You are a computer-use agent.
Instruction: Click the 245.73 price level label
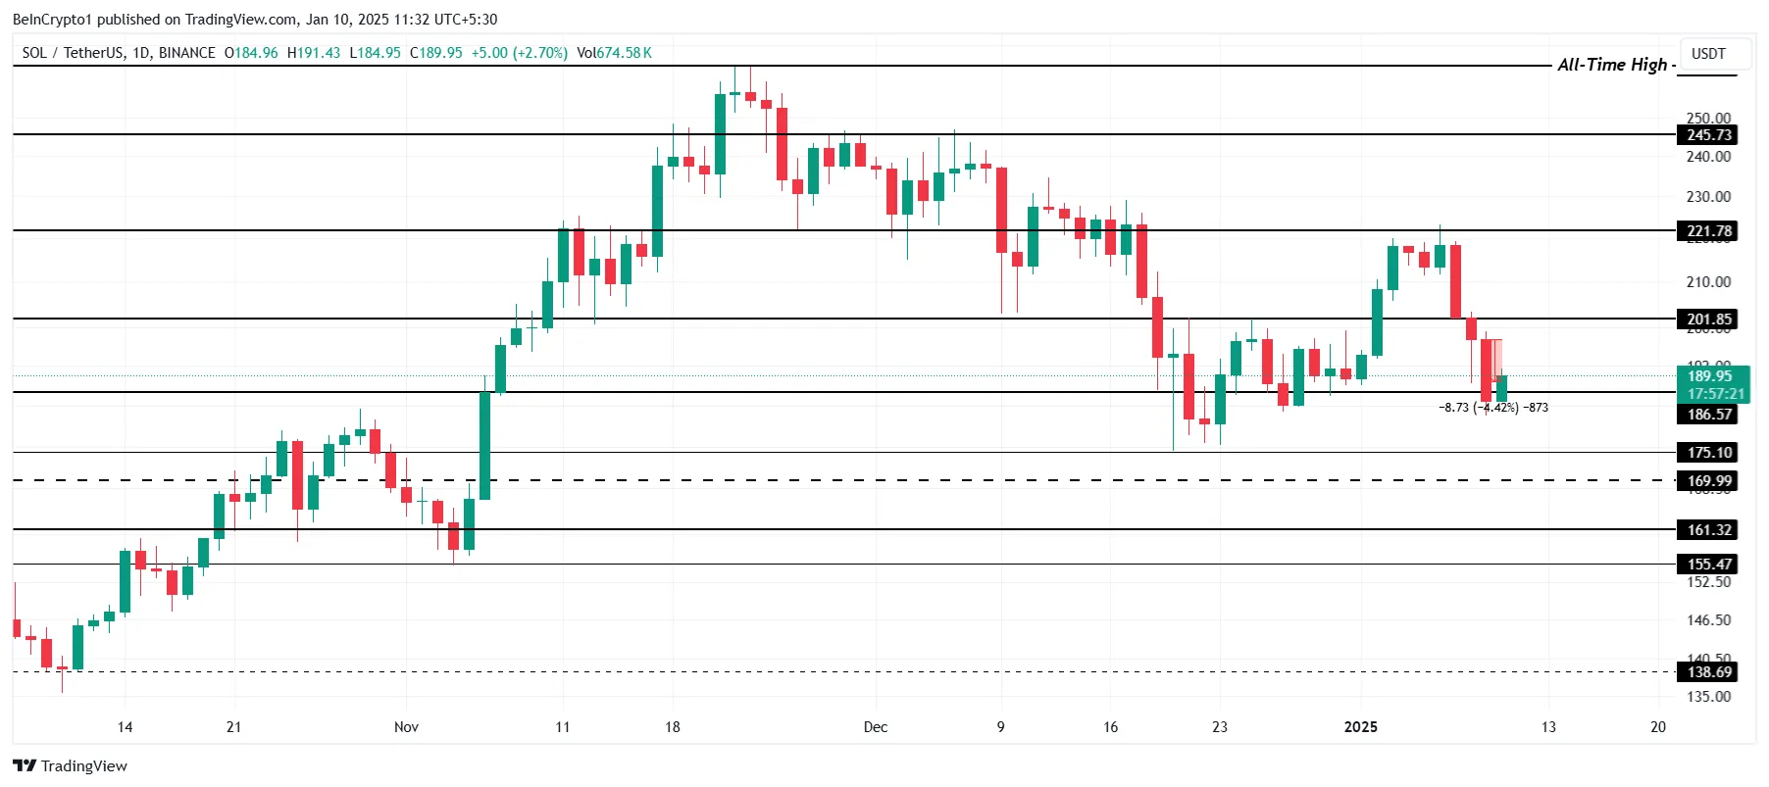(1709, 135)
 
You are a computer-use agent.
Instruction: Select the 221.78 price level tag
(1709, 231)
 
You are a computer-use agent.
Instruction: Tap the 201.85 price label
(1709, 320)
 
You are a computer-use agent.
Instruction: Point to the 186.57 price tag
(1709, 415)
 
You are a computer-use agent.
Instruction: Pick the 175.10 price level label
(1709, 453)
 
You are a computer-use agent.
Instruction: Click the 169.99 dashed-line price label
(1709, 481)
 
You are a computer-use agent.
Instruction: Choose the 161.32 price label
(1709, 530)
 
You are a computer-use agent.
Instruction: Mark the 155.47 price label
(1709, 565)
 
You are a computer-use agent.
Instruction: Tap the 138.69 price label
(1709, 672)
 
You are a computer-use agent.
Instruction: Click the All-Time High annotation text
(1612, 65)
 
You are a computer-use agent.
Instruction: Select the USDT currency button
(1708, 54)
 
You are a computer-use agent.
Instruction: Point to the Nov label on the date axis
(406, 727)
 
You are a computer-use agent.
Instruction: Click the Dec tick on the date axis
(875, 727)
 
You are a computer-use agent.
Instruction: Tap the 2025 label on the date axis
(1360, 727)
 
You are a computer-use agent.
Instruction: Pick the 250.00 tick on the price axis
(1708, 118)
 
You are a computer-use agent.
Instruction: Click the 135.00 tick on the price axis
(1708, 697)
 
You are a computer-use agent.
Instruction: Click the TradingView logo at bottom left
(71, 765)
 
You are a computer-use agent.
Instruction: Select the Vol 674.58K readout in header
(615, 53)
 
